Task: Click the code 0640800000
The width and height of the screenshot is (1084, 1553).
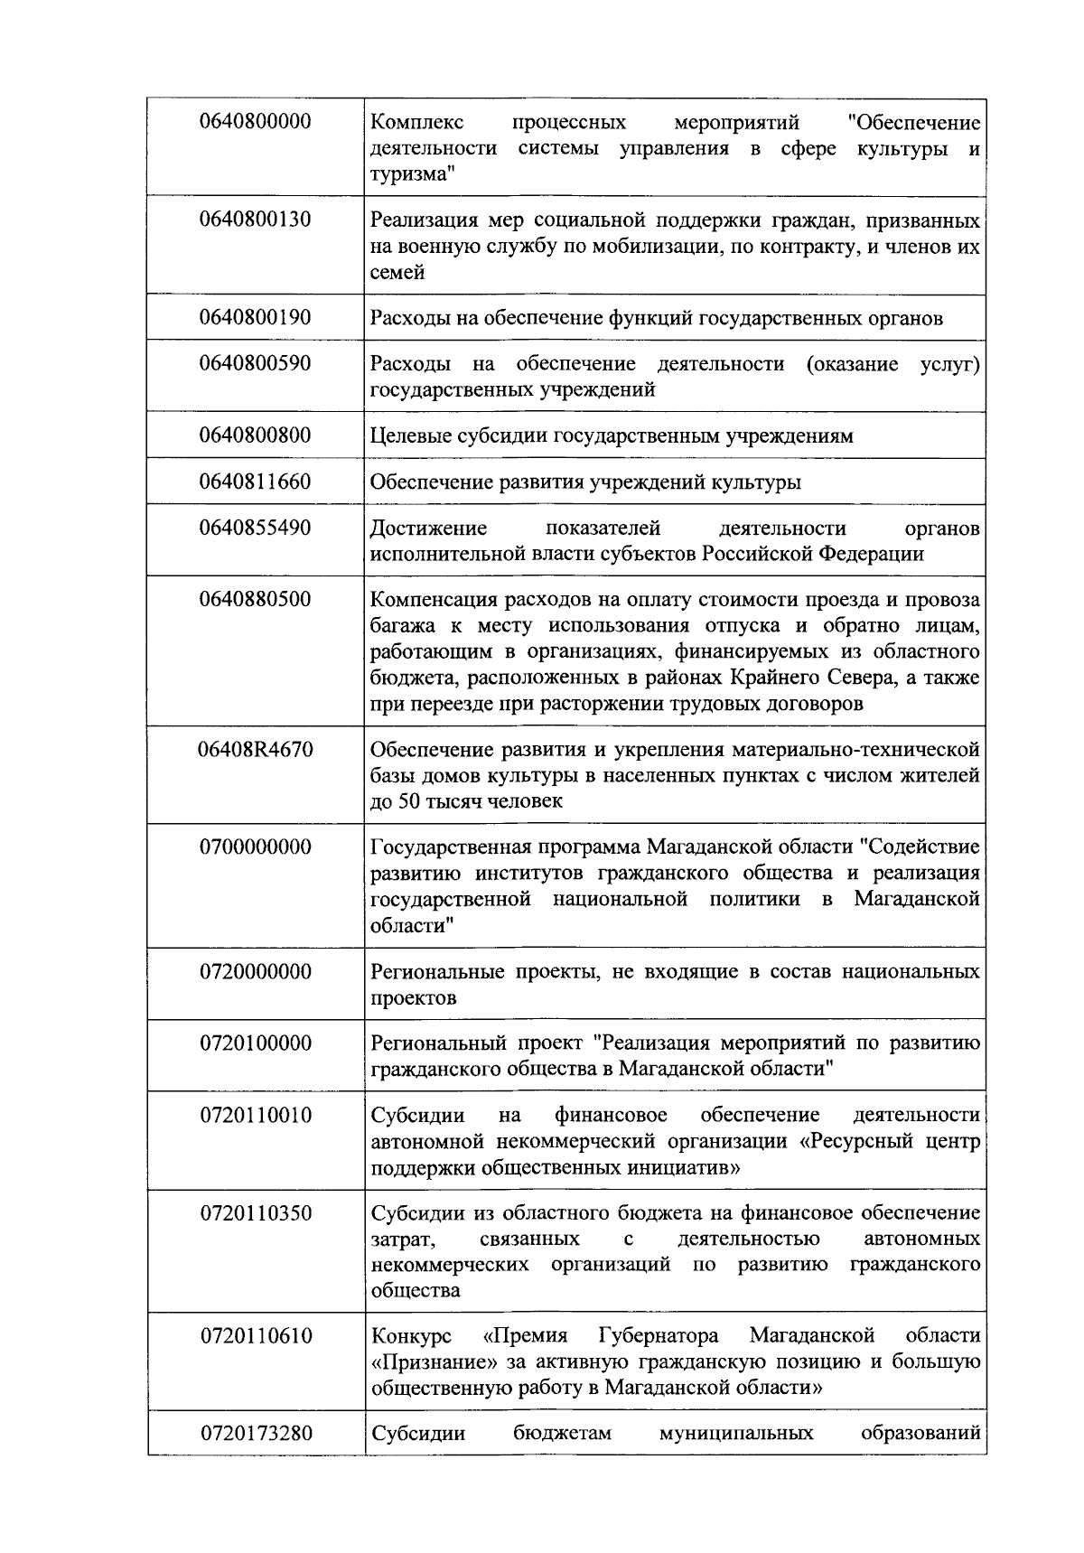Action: coord(256,121)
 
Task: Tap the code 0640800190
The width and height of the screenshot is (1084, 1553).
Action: coord(256,317)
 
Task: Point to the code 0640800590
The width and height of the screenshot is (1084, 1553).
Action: coord(256,363)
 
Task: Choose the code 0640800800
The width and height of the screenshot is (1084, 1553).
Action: coord(256,435)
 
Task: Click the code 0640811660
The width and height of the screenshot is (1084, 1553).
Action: coord(256,482)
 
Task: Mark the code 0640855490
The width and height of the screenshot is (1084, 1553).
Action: coord(256,528)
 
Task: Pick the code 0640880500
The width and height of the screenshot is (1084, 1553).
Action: coord(256,599)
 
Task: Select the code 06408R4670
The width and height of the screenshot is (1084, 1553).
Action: coord(256,749)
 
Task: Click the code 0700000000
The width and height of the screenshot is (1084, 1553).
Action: coord(256,847)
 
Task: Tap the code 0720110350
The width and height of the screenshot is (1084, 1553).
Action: coord(256,1212)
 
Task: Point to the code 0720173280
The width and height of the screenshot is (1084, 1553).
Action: coord(256,1433)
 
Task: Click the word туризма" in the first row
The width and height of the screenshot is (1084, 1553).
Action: coord(411,174)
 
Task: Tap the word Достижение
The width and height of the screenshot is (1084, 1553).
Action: coord(429,528)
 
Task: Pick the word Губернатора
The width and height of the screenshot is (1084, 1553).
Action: coord(659,1335)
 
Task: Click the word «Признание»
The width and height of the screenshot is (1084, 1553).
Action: coord(424,1361)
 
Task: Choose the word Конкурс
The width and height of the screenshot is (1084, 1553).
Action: coord(412,1335)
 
